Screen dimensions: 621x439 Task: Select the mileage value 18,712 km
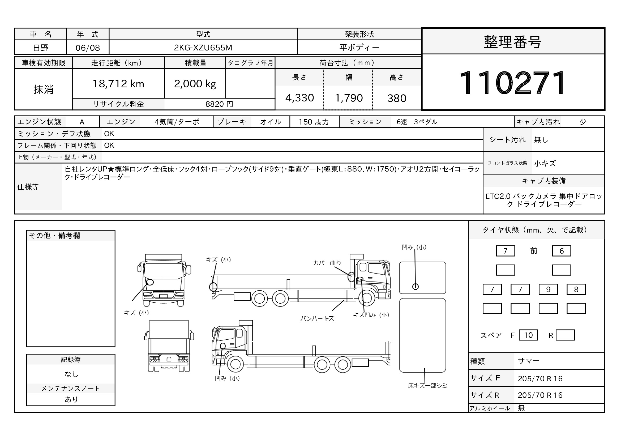[x=118, y=84]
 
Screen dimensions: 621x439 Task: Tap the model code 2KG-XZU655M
[x=203, y=48]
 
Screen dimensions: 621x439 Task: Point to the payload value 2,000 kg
[x=195, y=84]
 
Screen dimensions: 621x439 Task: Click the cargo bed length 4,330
[x=299, y=98]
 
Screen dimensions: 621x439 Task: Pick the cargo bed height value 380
[x=396, y=98]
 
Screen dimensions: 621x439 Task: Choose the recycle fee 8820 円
[x=219, y=104]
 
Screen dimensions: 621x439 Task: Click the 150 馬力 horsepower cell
[x=314, y=122]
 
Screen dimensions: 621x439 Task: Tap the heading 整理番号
[x=512, y=42]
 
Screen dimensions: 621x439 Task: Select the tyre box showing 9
[x=548, y=289]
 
